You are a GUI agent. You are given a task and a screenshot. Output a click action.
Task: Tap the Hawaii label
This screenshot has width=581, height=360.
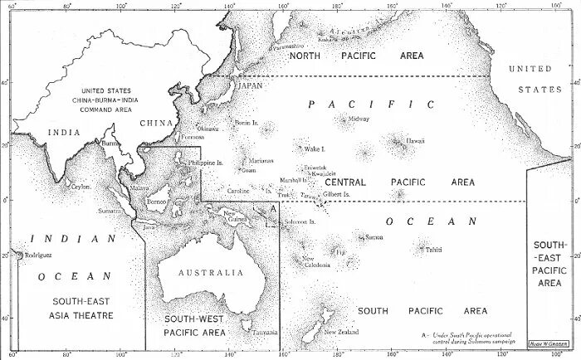(x=415, y=141)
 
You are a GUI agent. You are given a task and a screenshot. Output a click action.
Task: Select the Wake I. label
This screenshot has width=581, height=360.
(x=314, y=149)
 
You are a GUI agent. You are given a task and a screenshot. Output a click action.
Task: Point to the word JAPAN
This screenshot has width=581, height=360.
(x=250, y=85)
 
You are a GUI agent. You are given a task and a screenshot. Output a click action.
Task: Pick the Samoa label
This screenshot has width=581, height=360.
(x=374, y=237)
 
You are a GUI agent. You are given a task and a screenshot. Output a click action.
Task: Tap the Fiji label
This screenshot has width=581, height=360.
(x=340, y=252)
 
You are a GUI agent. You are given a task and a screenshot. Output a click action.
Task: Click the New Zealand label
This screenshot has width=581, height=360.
(x=342, y=332)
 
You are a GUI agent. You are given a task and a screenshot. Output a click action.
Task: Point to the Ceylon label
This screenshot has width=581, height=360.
(x=81, y=187)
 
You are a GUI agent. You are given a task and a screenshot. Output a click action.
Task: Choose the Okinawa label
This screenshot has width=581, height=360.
(x=207, y=129)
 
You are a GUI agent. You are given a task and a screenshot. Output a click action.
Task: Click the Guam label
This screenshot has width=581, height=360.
(x=247, y=170)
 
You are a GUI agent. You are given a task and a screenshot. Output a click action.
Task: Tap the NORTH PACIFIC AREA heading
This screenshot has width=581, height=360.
(x=356, y=56)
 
